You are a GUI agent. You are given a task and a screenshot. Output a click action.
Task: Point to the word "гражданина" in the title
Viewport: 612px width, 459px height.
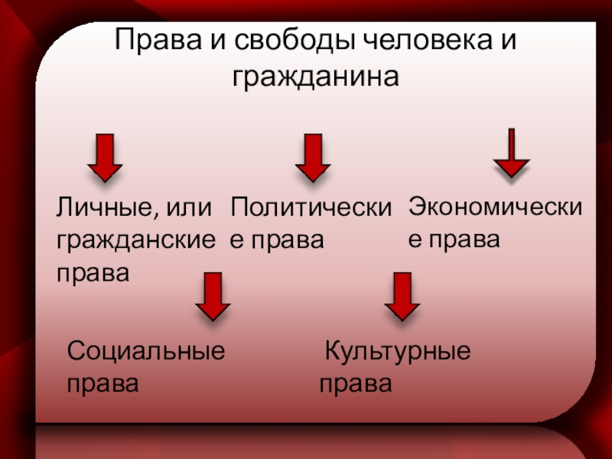click(315, 77)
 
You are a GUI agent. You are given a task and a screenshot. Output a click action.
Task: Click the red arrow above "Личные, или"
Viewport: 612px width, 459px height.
click(105, 157)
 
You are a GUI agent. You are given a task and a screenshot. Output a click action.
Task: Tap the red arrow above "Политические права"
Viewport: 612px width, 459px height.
click(312, 157)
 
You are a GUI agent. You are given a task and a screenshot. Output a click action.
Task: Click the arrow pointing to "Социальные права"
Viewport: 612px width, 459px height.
click(213, 296)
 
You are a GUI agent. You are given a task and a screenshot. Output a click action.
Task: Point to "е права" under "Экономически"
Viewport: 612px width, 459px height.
click(454, 239)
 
